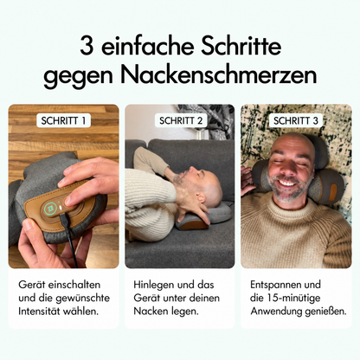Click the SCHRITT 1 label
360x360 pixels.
coord(63,120)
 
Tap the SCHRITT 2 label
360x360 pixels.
coord(181,120)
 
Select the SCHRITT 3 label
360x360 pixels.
coord(296,120)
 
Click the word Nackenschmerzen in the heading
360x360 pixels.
coord(221,75)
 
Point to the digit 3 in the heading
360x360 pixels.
coord(87,46)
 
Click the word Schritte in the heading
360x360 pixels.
coord(241,46)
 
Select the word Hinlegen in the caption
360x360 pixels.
coord(154,285)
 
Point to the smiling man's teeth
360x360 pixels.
coord(287,182)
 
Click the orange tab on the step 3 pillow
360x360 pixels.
coord(333,192)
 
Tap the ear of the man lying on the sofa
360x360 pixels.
coord(201,198)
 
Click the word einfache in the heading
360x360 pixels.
coord(147,46)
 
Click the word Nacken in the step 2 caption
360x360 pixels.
coord(151,312)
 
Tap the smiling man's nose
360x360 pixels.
coord(288,168)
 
